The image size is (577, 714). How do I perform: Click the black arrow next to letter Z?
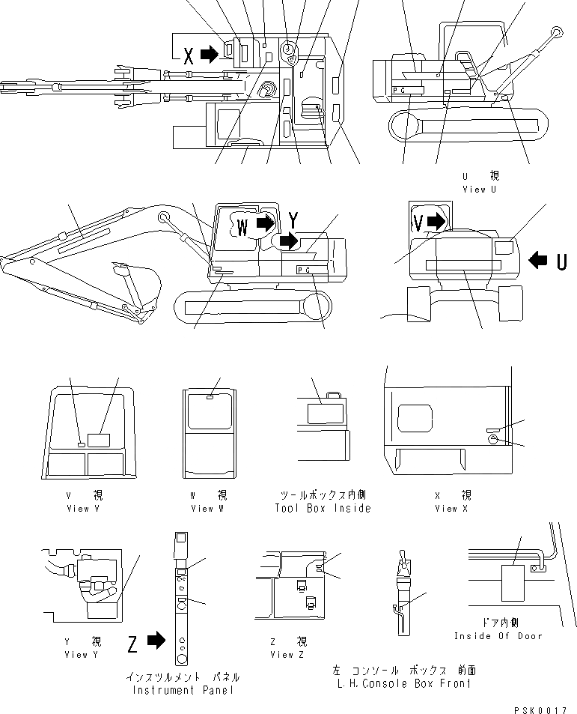click(156, 641)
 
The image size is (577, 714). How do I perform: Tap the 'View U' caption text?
click(484, 190)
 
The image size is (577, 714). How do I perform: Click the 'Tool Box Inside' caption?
click(323, 508)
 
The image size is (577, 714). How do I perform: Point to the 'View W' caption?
click(202, 508)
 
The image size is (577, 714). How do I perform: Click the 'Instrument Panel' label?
click(183, 689)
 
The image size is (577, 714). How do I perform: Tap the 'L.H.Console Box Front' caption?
click(404, 683)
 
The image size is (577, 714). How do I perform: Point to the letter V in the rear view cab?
click(419, 221)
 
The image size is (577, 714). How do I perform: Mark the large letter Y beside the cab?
click(295, 220)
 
